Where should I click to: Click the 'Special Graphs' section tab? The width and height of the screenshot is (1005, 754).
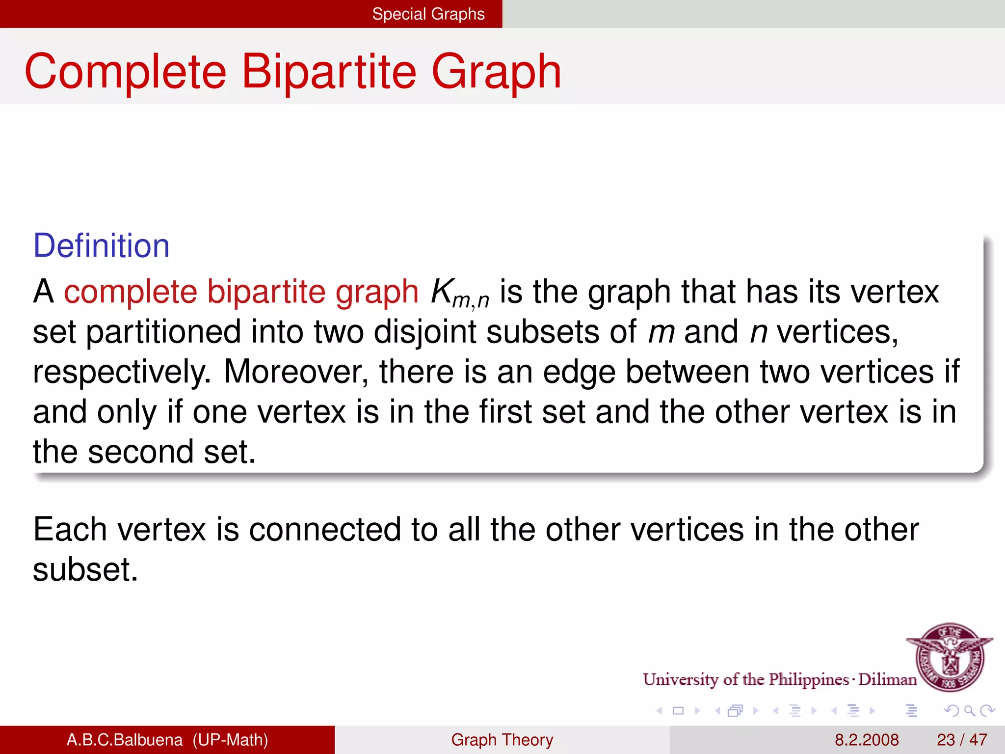[428, 14]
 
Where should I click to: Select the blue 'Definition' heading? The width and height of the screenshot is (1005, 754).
[101, 245]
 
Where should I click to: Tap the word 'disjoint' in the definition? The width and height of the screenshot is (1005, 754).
[425, 332]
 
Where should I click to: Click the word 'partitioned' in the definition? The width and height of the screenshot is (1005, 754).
[163, 332]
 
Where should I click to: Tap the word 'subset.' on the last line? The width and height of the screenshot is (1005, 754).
[85, 570]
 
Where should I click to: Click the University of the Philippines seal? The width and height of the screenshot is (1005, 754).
[950, 657]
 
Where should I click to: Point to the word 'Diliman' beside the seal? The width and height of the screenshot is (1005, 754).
[887, 679]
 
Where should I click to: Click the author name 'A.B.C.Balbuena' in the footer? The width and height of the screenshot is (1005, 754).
[124, 740]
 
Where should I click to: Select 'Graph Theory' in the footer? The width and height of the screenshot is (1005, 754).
[502, 740]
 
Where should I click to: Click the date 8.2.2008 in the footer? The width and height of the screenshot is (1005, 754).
[867, 740]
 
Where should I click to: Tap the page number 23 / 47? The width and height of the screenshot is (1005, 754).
[962, 740]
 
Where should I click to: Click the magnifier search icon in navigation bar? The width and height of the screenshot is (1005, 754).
[969, 711]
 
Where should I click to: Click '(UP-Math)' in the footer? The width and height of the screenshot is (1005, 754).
[230, 740]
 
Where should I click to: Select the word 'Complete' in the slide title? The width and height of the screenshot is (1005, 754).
[126, 72]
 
